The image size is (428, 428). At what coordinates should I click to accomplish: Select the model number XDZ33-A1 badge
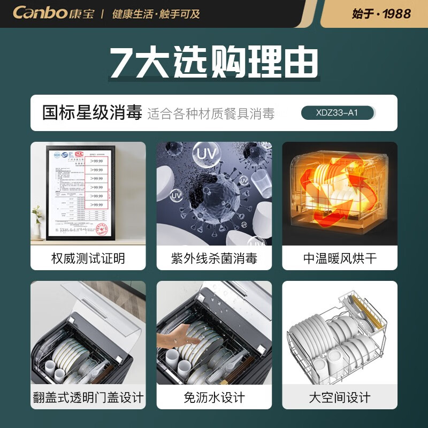click(337, 113)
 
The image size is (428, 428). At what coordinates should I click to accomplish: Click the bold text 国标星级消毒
click(92, 113)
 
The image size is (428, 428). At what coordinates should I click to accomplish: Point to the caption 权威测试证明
click(88, 258)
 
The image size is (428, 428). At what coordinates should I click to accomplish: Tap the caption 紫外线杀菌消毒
click(214, 258)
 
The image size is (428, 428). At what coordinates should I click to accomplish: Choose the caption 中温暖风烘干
click(340, 258)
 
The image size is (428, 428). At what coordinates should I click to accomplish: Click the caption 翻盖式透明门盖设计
click(88, 398)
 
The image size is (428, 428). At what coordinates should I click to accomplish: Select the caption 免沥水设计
click(214, 398)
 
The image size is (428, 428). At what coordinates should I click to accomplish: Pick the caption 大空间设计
click(340, 398)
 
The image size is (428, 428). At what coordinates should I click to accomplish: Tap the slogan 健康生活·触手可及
click(156, 13)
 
